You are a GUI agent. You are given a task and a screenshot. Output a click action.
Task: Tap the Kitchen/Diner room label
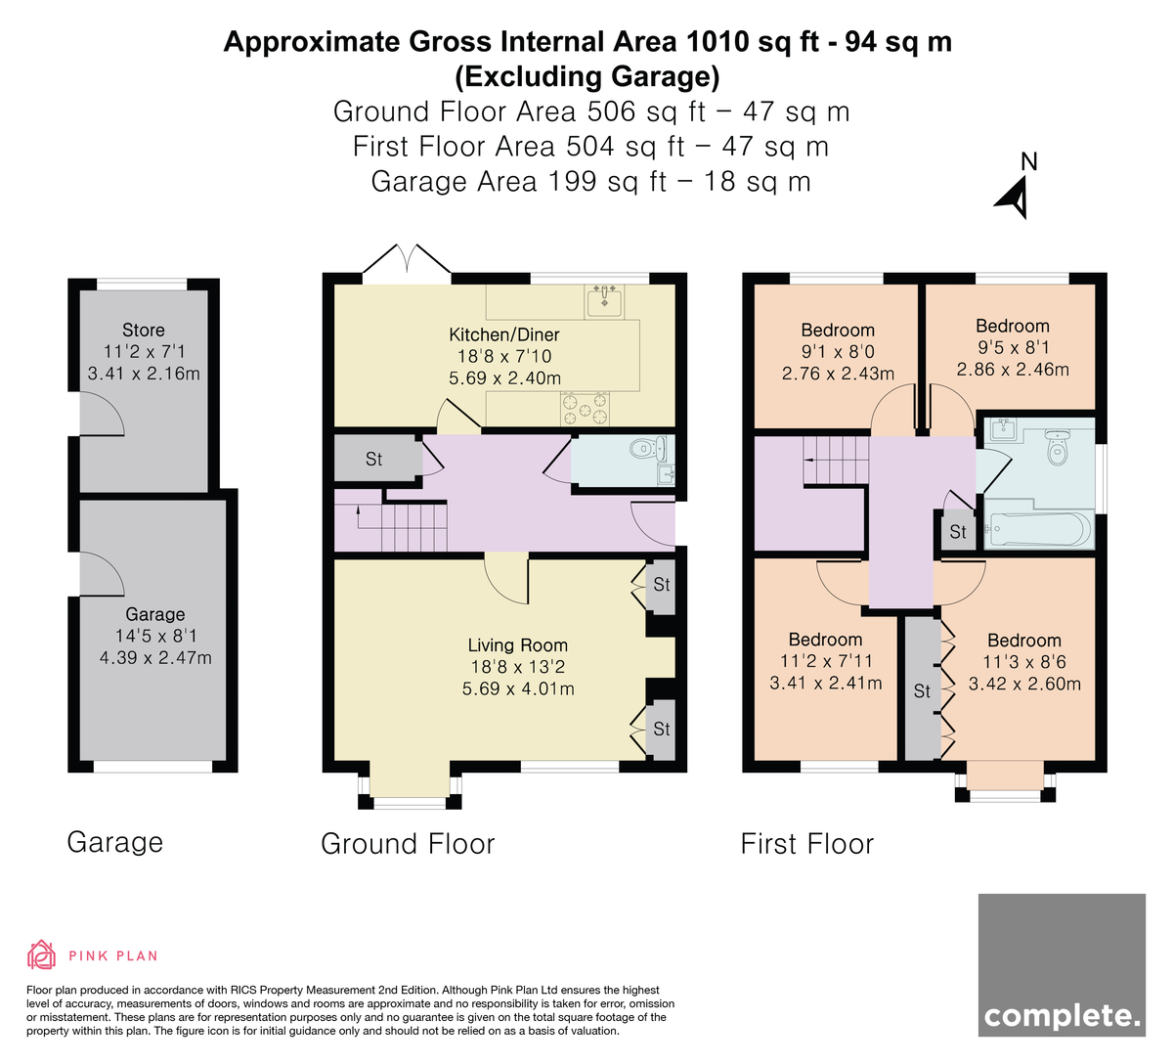[x=504, y=334]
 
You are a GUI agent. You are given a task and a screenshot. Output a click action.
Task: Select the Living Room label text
[x=517, y=645]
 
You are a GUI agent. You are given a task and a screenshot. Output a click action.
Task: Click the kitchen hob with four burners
[x=585, y=409]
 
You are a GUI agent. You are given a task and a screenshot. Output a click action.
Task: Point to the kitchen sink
[x=604, y=301]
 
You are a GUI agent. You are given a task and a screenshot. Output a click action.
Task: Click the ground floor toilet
[x=648, y=449]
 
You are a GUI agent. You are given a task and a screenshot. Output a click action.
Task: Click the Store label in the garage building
[x=144, y=331]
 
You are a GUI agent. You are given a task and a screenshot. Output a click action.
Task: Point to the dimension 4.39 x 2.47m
[x=155, y=657]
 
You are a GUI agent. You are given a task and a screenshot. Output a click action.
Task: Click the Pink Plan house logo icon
[x=41, y=955]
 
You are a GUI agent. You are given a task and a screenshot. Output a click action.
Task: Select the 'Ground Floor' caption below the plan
[x=408, y=843]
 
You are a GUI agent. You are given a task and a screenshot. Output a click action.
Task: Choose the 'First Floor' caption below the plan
[x=807, y=843]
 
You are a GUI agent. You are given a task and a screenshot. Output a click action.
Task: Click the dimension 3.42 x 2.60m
[x=1024, y=684]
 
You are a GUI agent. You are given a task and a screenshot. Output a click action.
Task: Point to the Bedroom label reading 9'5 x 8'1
[x=1013, y=326]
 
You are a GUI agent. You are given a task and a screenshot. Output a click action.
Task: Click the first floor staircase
[x=836, y=461]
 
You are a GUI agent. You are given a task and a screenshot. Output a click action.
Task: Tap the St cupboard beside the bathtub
[x=957, y=531]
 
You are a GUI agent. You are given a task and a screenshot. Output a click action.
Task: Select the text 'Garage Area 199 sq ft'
[x=519, y=181]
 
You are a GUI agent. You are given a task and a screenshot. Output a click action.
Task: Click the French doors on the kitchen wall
[x=407, y=259]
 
